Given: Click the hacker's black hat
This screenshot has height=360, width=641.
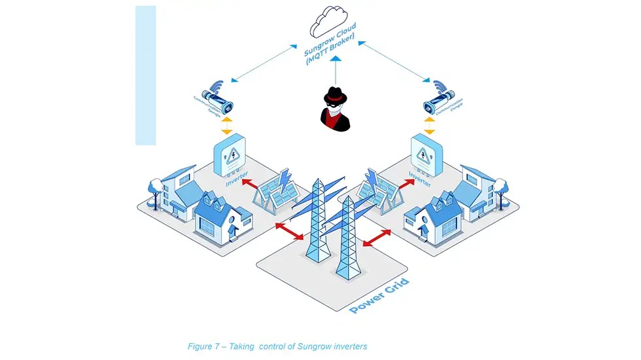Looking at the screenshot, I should click(x=334, y=94).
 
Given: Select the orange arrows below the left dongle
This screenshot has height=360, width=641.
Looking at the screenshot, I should click(x=226, y=124).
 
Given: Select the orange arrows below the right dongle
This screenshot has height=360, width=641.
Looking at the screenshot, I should click(x=429, y=124).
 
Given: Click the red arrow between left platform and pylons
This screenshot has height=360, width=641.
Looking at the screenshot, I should click(x=288, y=230).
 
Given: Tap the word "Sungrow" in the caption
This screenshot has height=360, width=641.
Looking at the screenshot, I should click(x=325, y=346).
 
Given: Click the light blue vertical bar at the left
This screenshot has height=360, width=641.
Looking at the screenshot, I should click(x=145, y=75).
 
